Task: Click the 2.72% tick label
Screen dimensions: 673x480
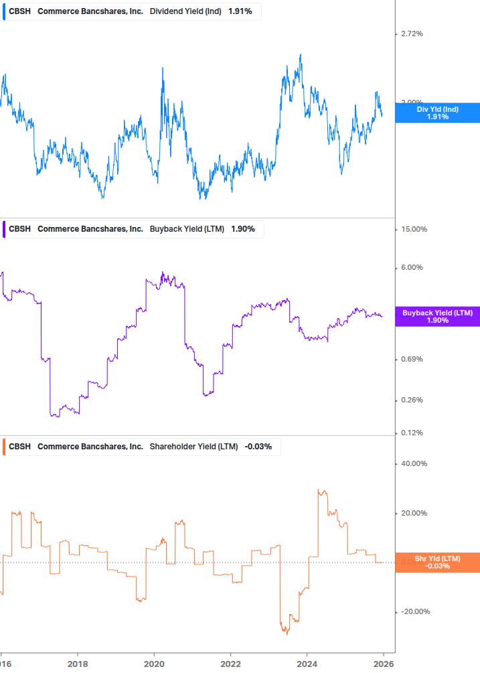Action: click(412, 33)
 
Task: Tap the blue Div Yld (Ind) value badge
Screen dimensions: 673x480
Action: click(437, 113)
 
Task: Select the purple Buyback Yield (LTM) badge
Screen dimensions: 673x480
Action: click(437, 317)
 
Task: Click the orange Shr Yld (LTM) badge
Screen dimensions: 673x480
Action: click(437, 563)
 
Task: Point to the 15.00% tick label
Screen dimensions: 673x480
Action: click(414, 229)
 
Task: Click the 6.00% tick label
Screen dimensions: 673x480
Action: click(412, 267)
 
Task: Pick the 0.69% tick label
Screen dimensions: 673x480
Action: click(412, 359)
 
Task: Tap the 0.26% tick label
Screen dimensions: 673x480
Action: click(412, 400)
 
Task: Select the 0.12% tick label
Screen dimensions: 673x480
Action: click(412, 433)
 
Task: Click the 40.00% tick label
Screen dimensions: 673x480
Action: click(414, 463)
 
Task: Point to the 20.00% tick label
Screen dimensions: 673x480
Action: click(414, 513)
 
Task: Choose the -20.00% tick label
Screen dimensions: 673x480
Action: click(415, 611)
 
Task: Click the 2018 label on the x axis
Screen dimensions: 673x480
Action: click(78, 664)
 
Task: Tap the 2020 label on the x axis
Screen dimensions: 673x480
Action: click(154, 664)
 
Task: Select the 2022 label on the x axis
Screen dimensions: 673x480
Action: click(230, 664)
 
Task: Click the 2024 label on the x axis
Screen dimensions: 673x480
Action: click(307, 664)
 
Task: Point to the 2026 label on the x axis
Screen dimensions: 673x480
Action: click(383, 664)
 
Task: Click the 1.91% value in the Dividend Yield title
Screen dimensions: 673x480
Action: click(239, 12)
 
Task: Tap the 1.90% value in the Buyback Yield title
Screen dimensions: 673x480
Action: click(243, 229)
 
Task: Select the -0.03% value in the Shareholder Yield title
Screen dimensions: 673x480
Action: click(258, 447)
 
